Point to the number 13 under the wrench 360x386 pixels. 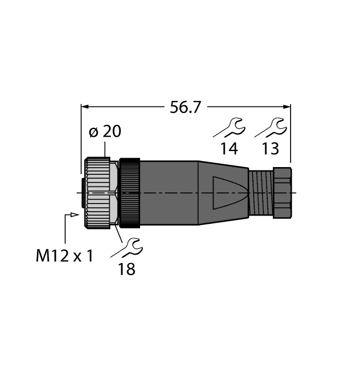pyautogui.click(x=270, y=148)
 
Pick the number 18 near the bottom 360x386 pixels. pyautogui.click(x=125, y=269)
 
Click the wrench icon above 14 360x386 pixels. pyautogui.click(x=229, y=128)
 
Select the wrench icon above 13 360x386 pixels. pyautogui.click(x=270, y=128)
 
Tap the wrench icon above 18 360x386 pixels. pyautogui.click(x=126, y=248)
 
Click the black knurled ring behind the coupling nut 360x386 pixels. pyautogui.click(x=130, y=192)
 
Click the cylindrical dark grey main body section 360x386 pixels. pyautogui.click(x=169, y=192)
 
